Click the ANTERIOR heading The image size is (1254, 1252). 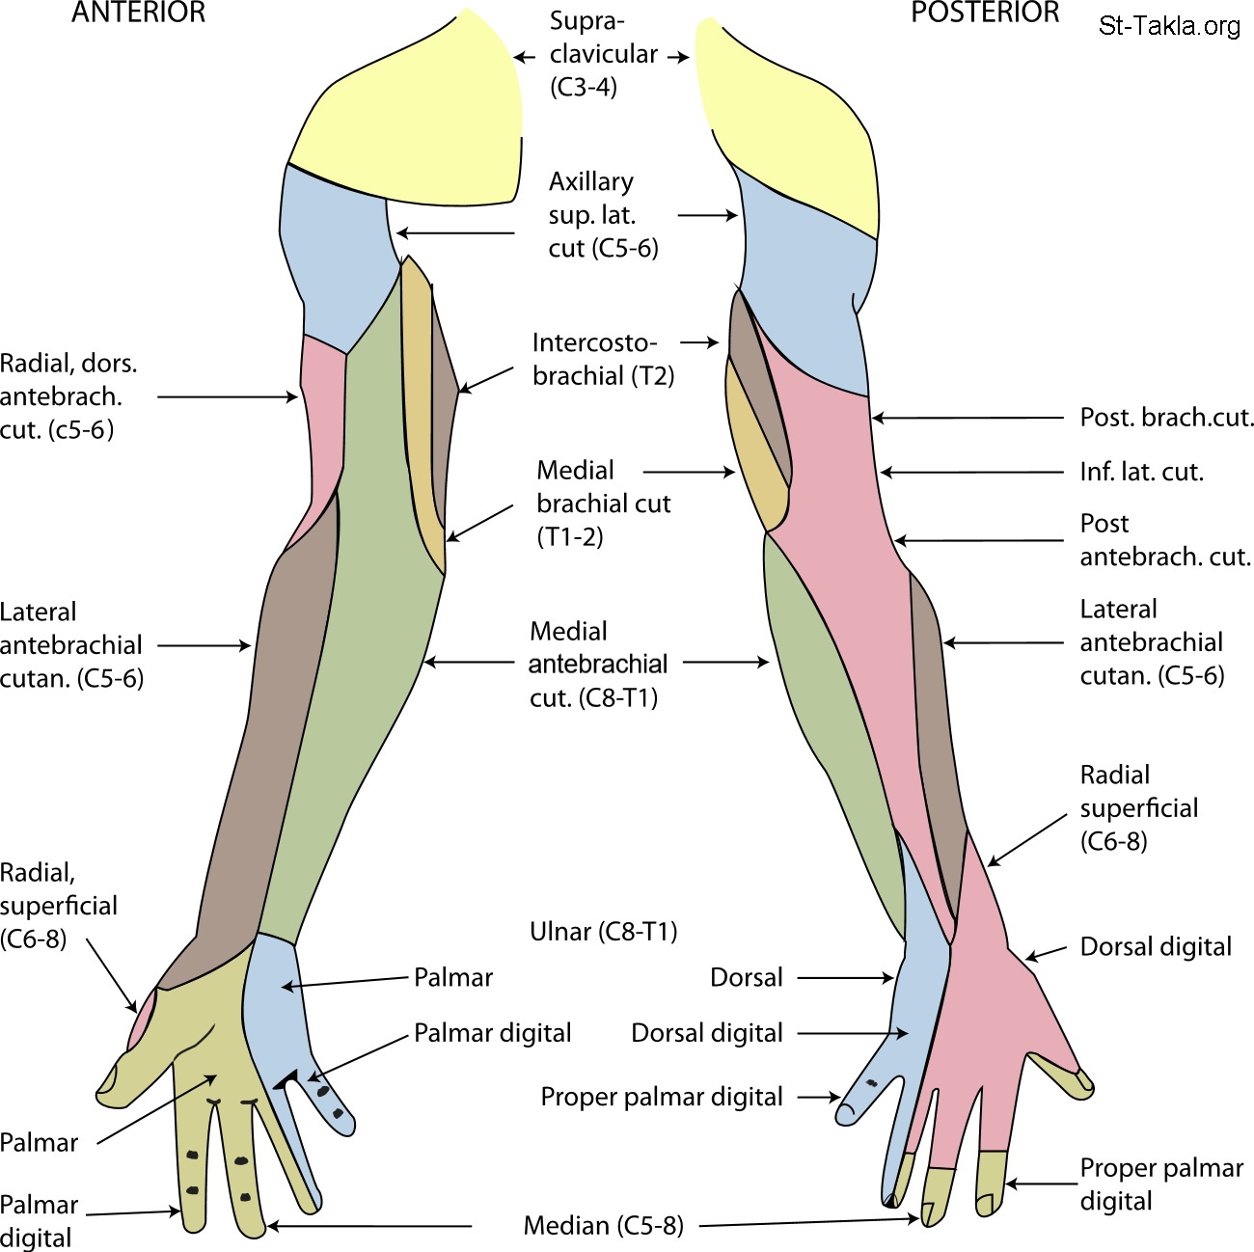point(139,14)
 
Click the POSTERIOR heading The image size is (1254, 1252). point(985,14)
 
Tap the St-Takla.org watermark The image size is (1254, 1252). point(1169,26)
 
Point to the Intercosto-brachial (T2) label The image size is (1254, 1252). point(602,359)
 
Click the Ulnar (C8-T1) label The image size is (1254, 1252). point(604,932)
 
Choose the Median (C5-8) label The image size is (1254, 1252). point(603,1226)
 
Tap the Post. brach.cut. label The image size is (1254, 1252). point(1167,418)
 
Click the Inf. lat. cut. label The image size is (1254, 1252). point(1141,472)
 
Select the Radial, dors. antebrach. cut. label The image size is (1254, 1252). point(69,396)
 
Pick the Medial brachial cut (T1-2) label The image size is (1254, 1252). point(603,503)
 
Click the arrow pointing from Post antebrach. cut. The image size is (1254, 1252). point(979,541)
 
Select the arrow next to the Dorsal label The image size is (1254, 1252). point(845,978)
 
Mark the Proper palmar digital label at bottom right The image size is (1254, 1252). point(1160,1184)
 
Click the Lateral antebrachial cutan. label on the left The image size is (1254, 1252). point(71,645)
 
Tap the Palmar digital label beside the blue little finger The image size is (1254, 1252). point(492,1033)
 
